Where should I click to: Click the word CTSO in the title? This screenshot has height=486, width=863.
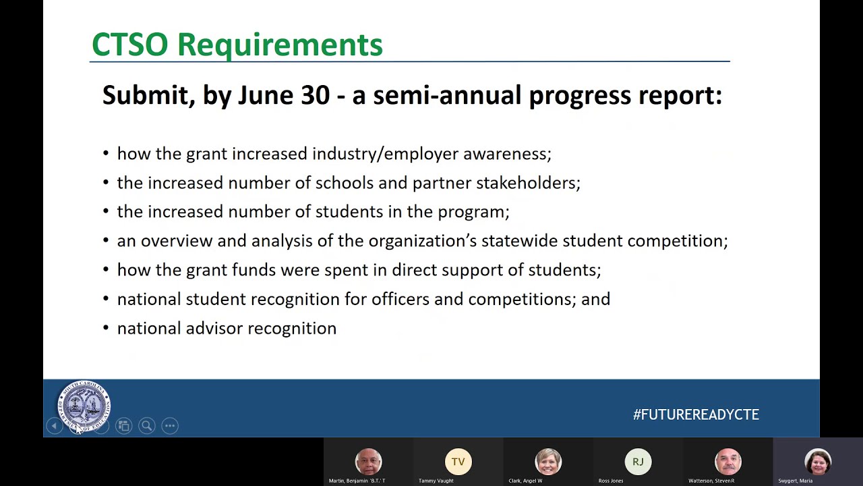click(129, 45)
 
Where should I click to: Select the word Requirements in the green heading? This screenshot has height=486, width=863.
click(280, 45)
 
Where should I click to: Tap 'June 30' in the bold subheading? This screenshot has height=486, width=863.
click(284, 95)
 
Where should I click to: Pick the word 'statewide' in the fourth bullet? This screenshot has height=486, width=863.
click(519, 241)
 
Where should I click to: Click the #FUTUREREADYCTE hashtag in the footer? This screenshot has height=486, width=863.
click(696, 414)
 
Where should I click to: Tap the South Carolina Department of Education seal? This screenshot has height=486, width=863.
click(84, 406)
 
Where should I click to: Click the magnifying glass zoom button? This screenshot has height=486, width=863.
click(146, 425)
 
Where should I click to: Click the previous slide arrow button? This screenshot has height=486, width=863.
click(54, 425)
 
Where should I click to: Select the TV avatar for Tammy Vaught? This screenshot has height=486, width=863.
click(458, 462)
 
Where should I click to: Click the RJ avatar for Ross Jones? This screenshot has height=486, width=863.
click(638, 462)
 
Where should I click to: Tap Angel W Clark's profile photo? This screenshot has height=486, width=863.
click(547, 462)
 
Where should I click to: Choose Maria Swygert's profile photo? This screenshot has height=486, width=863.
click(817, 462)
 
